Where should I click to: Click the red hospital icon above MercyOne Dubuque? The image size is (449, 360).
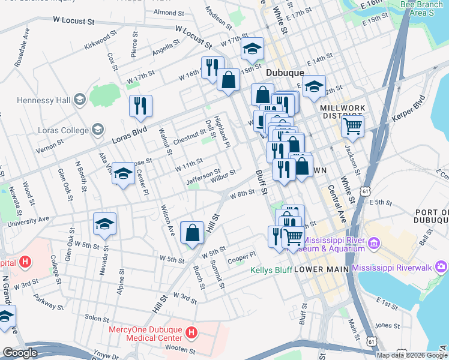[191, 332]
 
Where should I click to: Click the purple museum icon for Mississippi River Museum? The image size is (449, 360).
[374, 242]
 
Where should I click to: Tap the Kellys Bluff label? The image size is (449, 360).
[271, 270]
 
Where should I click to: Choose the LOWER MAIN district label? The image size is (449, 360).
[321, 270]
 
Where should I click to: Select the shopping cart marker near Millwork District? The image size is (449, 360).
[352, 126]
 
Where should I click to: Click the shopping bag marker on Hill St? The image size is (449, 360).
[191, 232]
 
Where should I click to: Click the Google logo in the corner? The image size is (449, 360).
[20, 353]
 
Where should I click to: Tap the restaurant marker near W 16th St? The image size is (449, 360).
[212, 67]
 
